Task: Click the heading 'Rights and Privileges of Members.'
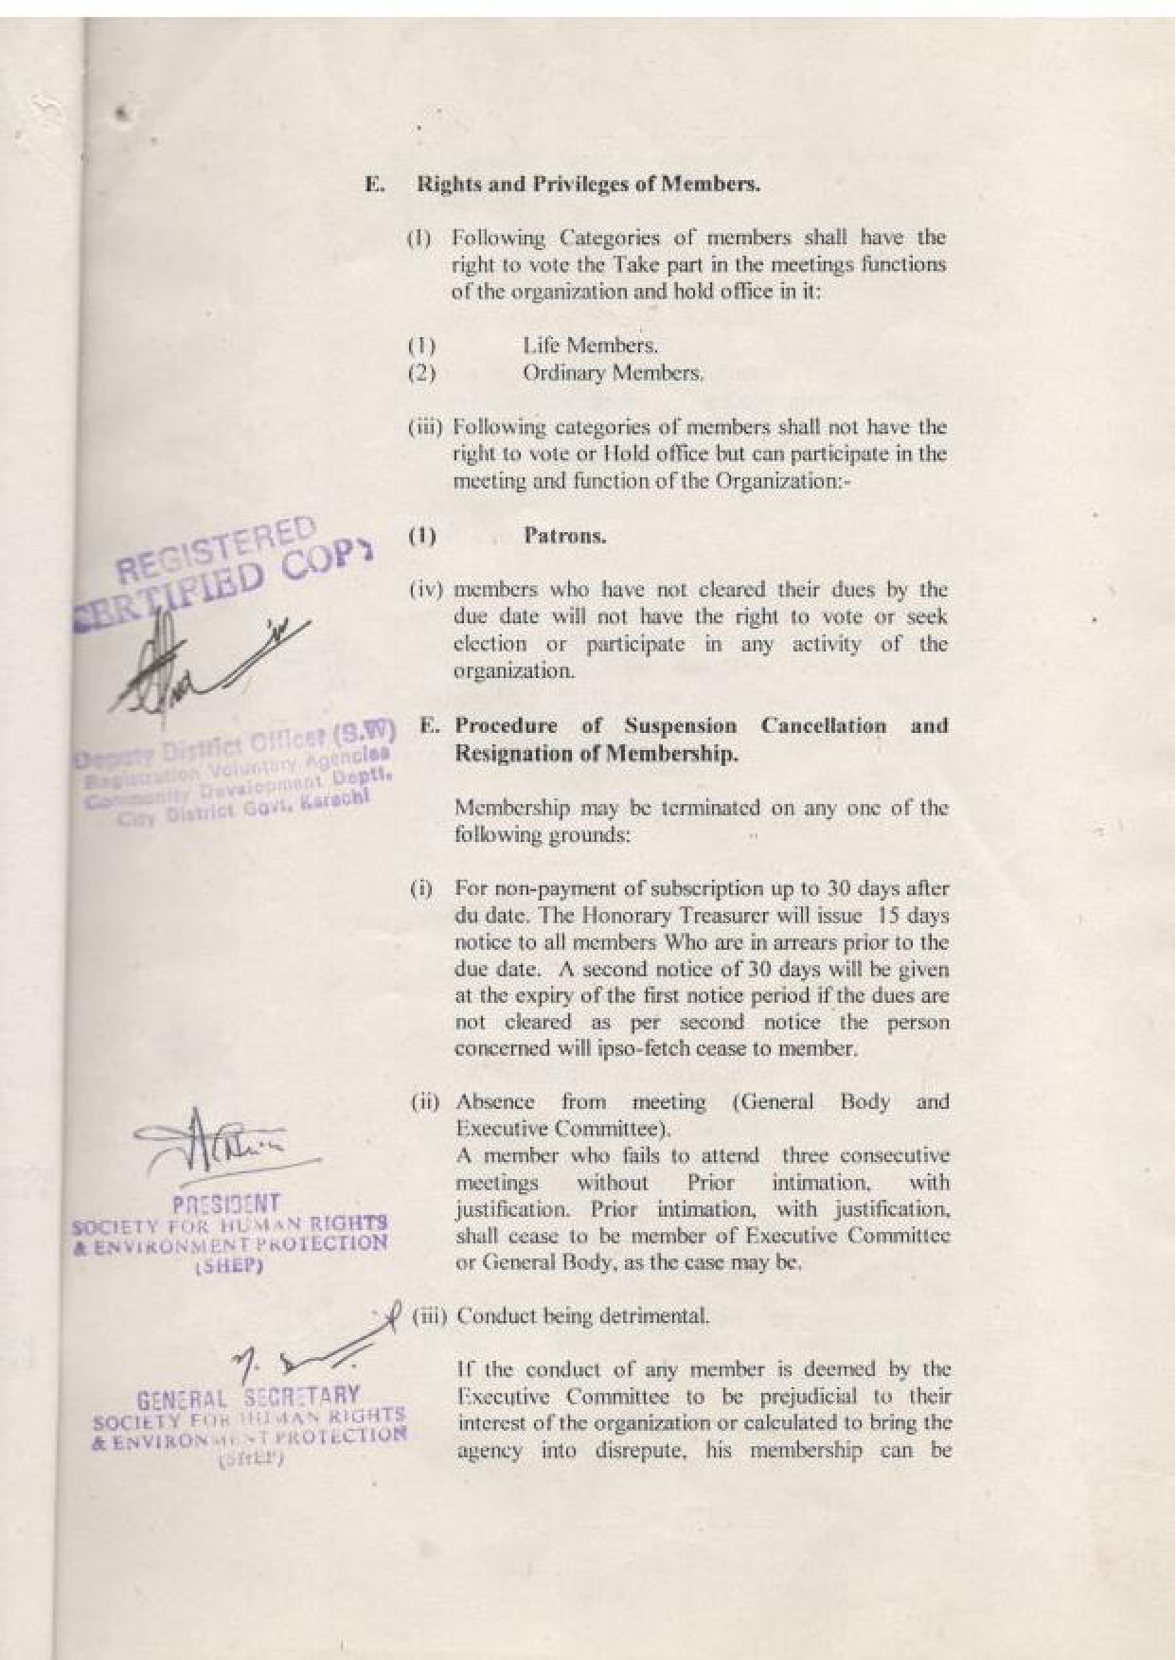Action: point(588,184)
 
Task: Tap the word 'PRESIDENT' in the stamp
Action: point(225,1204)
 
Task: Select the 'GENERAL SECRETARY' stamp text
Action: point(248,1396)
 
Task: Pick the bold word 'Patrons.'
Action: point(564,536)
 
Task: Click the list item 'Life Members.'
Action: point(590,345)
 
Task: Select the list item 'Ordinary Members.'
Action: point(613,373)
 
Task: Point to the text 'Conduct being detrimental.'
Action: point(582,1316)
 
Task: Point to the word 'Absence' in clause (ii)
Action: point(494,1102)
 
